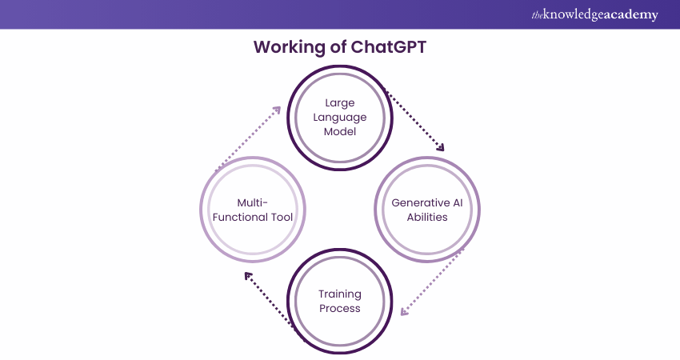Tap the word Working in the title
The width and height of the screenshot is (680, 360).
pos(285,46)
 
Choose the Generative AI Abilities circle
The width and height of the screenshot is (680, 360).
pos(426,210)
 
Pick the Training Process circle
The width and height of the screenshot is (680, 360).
pos(340,301)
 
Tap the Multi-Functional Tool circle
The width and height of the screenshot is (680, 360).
pos(253,210)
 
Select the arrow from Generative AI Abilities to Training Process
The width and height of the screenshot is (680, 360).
pos(433,281)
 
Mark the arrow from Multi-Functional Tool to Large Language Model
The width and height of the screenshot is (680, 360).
pos(248,138)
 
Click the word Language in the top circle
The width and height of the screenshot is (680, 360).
pos(340,118)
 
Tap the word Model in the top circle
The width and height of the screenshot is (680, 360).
pos(340,132)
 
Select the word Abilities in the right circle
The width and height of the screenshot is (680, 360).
pos(426,217)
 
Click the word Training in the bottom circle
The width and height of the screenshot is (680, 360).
pos(340,294)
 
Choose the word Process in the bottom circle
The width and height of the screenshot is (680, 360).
pos(340,308)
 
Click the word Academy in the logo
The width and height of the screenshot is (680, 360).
pos(630,14)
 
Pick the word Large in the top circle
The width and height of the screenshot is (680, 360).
pos(340,103)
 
